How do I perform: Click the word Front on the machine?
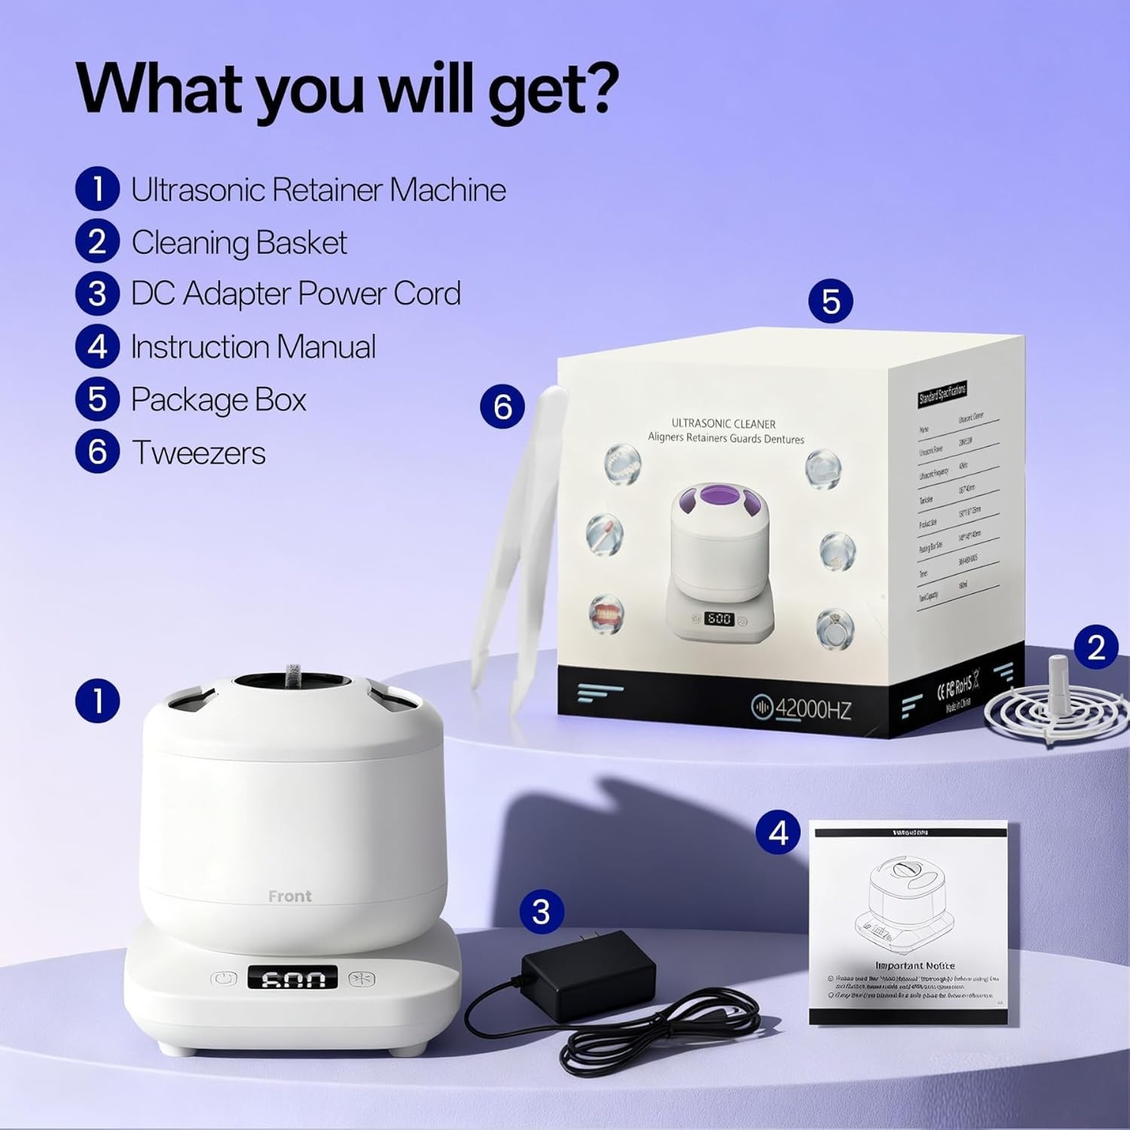[x=289, y=896]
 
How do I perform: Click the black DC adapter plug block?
[x=588, y=973]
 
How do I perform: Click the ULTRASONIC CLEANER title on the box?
[x=723, y=423]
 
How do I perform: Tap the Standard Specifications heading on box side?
[x=942, y=392]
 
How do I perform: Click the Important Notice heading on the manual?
[x=915, y=965]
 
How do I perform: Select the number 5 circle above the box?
[x=830, y=301]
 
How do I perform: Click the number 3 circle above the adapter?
[x=541, y=912]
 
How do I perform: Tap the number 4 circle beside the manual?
[x=778, y=832]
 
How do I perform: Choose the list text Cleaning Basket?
[x=239, y=243]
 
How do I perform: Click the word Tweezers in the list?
[x=199, y=453]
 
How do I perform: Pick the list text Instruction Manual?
[x=253, y=347]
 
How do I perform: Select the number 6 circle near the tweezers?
[x=502, y=407]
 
